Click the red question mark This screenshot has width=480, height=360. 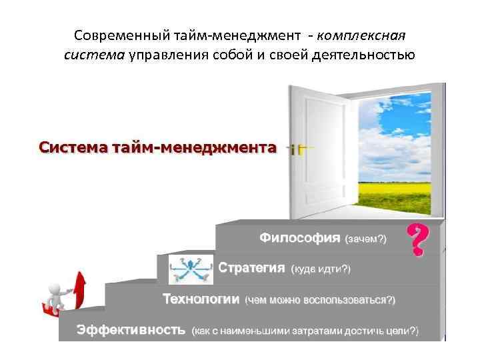click(x=417, y=241)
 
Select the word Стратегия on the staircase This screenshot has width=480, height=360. click(x=252, y=268)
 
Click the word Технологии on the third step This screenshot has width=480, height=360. click(x=201, y=299)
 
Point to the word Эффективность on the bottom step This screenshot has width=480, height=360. click(x=130, y=330)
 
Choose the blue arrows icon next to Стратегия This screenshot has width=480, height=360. click(x=191, y=269)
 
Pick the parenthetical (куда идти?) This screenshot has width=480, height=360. click(x=321, y=269)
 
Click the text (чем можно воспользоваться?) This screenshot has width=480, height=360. click(x=320, y=300)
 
